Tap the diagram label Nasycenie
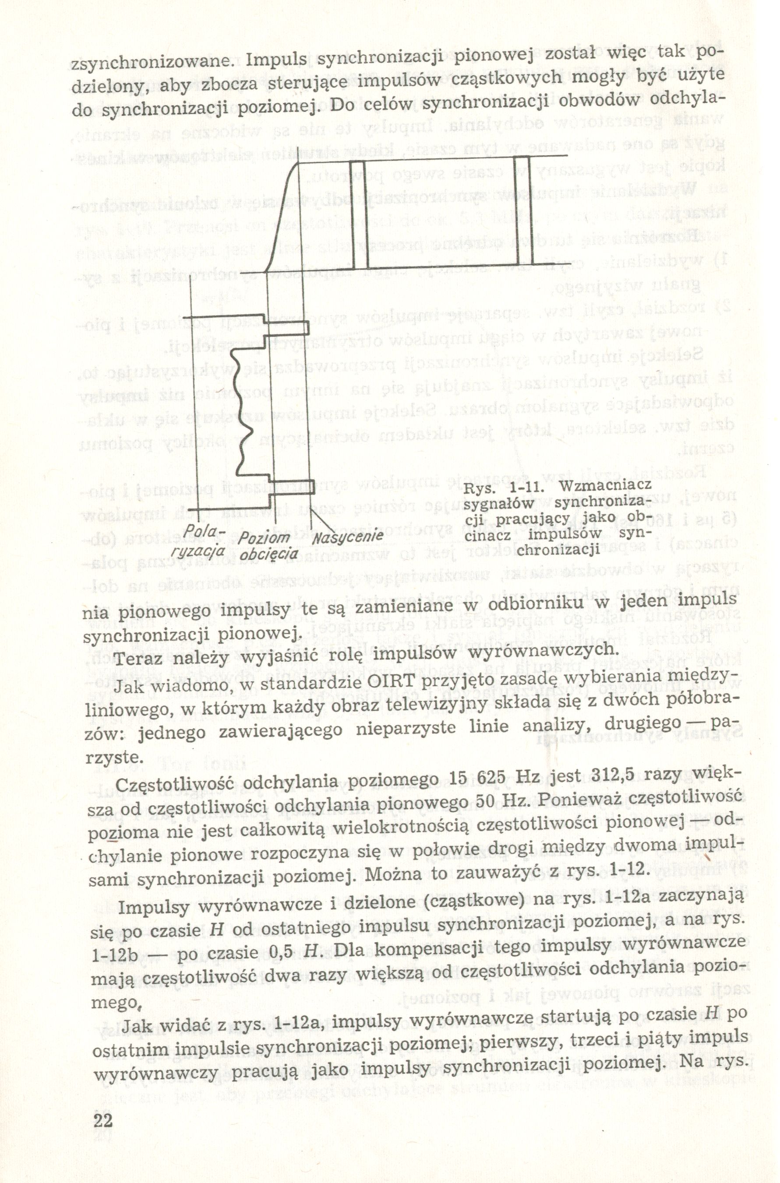(348, 537)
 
